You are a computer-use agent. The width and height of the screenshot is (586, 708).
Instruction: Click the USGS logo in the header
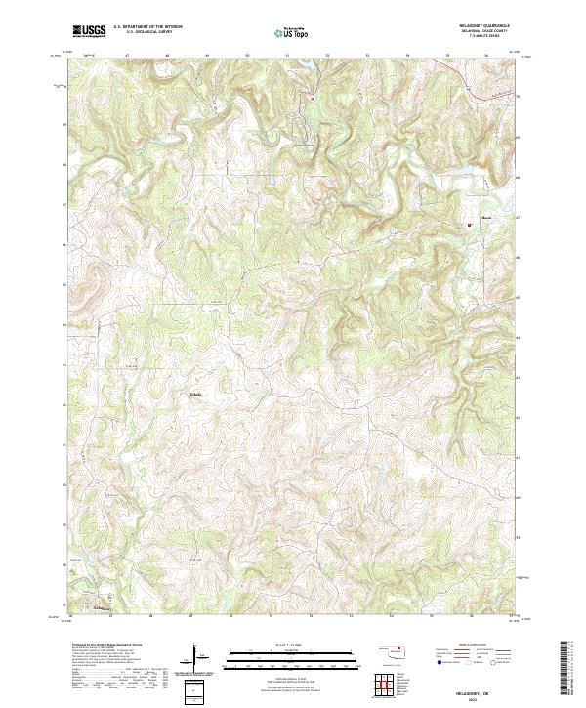click(89, 31)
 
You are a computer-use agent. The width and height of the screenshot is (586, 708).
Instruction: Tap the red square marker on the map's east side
click(469, 227)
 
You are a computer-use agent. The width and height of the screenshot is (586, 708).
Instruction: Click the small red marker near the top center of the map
click(311, 99)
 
